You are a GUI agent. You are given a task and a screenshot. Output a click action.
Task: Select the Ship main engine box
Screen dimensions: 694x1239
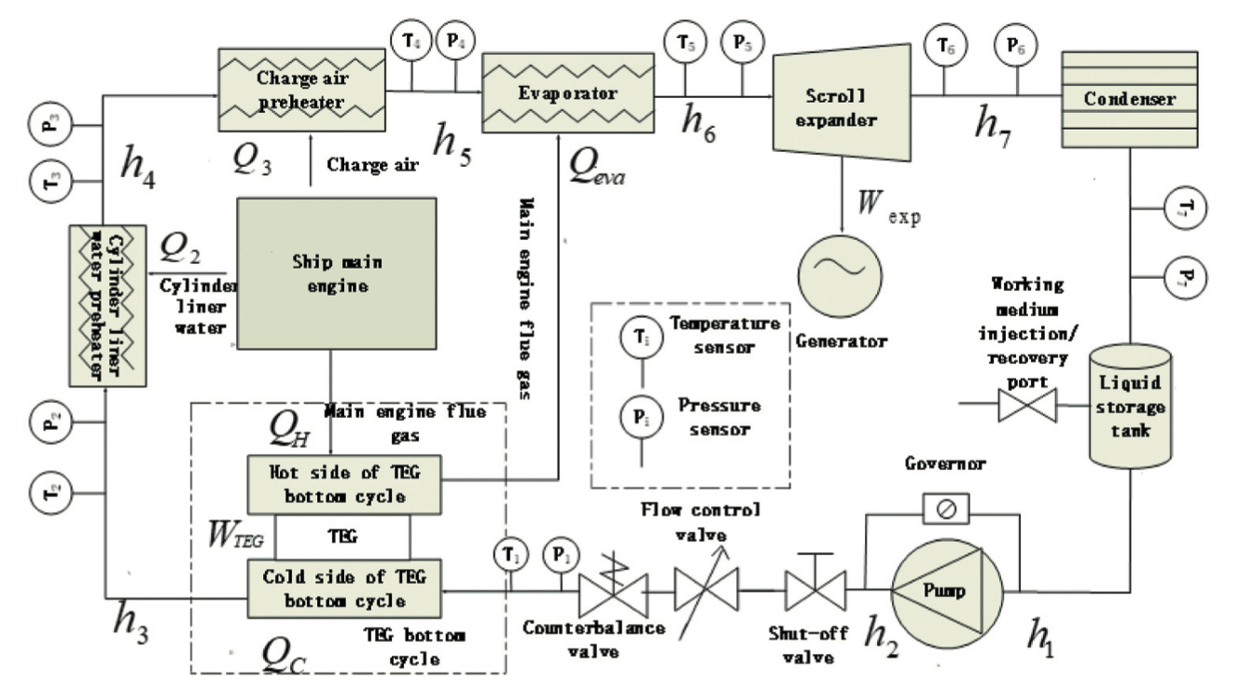coord(337,273)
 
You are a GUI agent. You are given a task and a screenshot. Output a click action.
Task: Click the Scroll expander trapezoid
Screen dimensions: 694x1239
coord(840,96)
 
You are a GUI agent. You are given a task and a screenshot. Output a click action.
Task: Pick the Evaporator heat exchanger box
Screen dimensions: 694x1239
coord(567,93)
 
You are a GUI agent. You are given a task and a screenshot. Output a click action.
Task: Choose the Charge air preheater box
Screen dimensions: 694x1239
coord(301,90)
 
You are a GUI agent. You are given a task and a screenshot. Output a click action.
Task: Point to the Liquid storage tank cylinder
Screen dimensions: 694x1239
coord(1130,406)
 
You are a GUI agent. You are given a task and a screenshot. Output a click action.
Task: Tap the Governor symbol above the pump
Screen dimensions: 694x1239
coord(945,509)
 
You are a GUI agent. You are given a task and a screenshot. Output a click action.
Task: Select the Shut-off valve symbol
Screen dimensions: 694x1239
coord(814,590)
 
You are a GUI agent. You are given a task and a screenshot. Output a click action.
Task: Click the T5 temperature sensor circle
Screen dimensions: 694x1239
coord(685,42)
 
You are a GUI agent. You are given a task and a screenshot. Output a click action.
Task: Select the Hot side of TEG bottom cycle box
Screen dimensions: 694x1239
coord(343,483)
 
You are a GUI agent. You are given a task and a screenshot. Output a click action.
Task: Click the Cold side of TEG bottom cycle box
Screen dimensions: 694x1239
coord(343,587)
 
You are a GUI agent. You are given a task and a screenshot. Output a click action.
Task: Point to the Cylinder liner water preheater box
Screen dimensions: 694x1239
coord(107,305)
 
